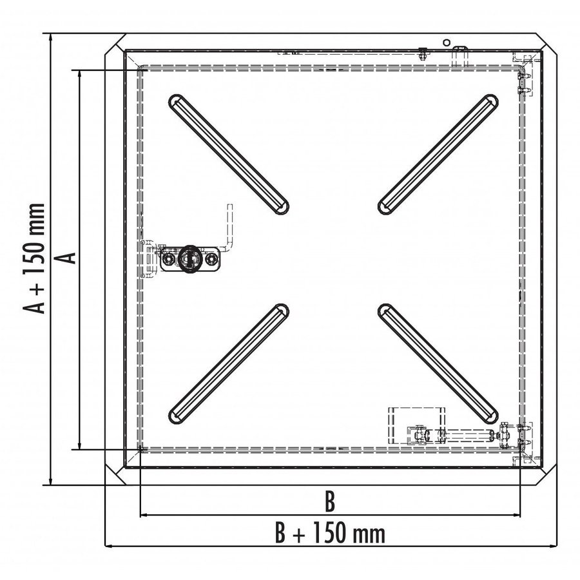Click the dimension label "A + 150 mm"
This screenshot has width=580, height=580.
(x=34, y=258)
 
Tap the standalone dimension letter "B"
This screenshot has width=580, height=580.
(x=329, y=501)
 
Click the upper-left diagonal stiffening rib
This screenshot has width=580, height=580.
(x=229, y=154)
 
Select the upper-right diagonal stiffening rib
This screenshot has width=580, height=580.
(x=438, y=154)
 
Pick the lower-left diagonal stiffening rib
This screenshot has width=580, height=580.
(x=229, y=363)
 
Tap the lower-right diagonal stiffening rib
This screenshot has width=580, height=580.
(x=438, y=363)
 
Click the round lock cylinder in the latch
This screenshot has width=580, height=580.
(x=190, y=258)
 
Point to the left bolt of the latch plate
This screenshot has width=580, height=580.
(x=169, y=259)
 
